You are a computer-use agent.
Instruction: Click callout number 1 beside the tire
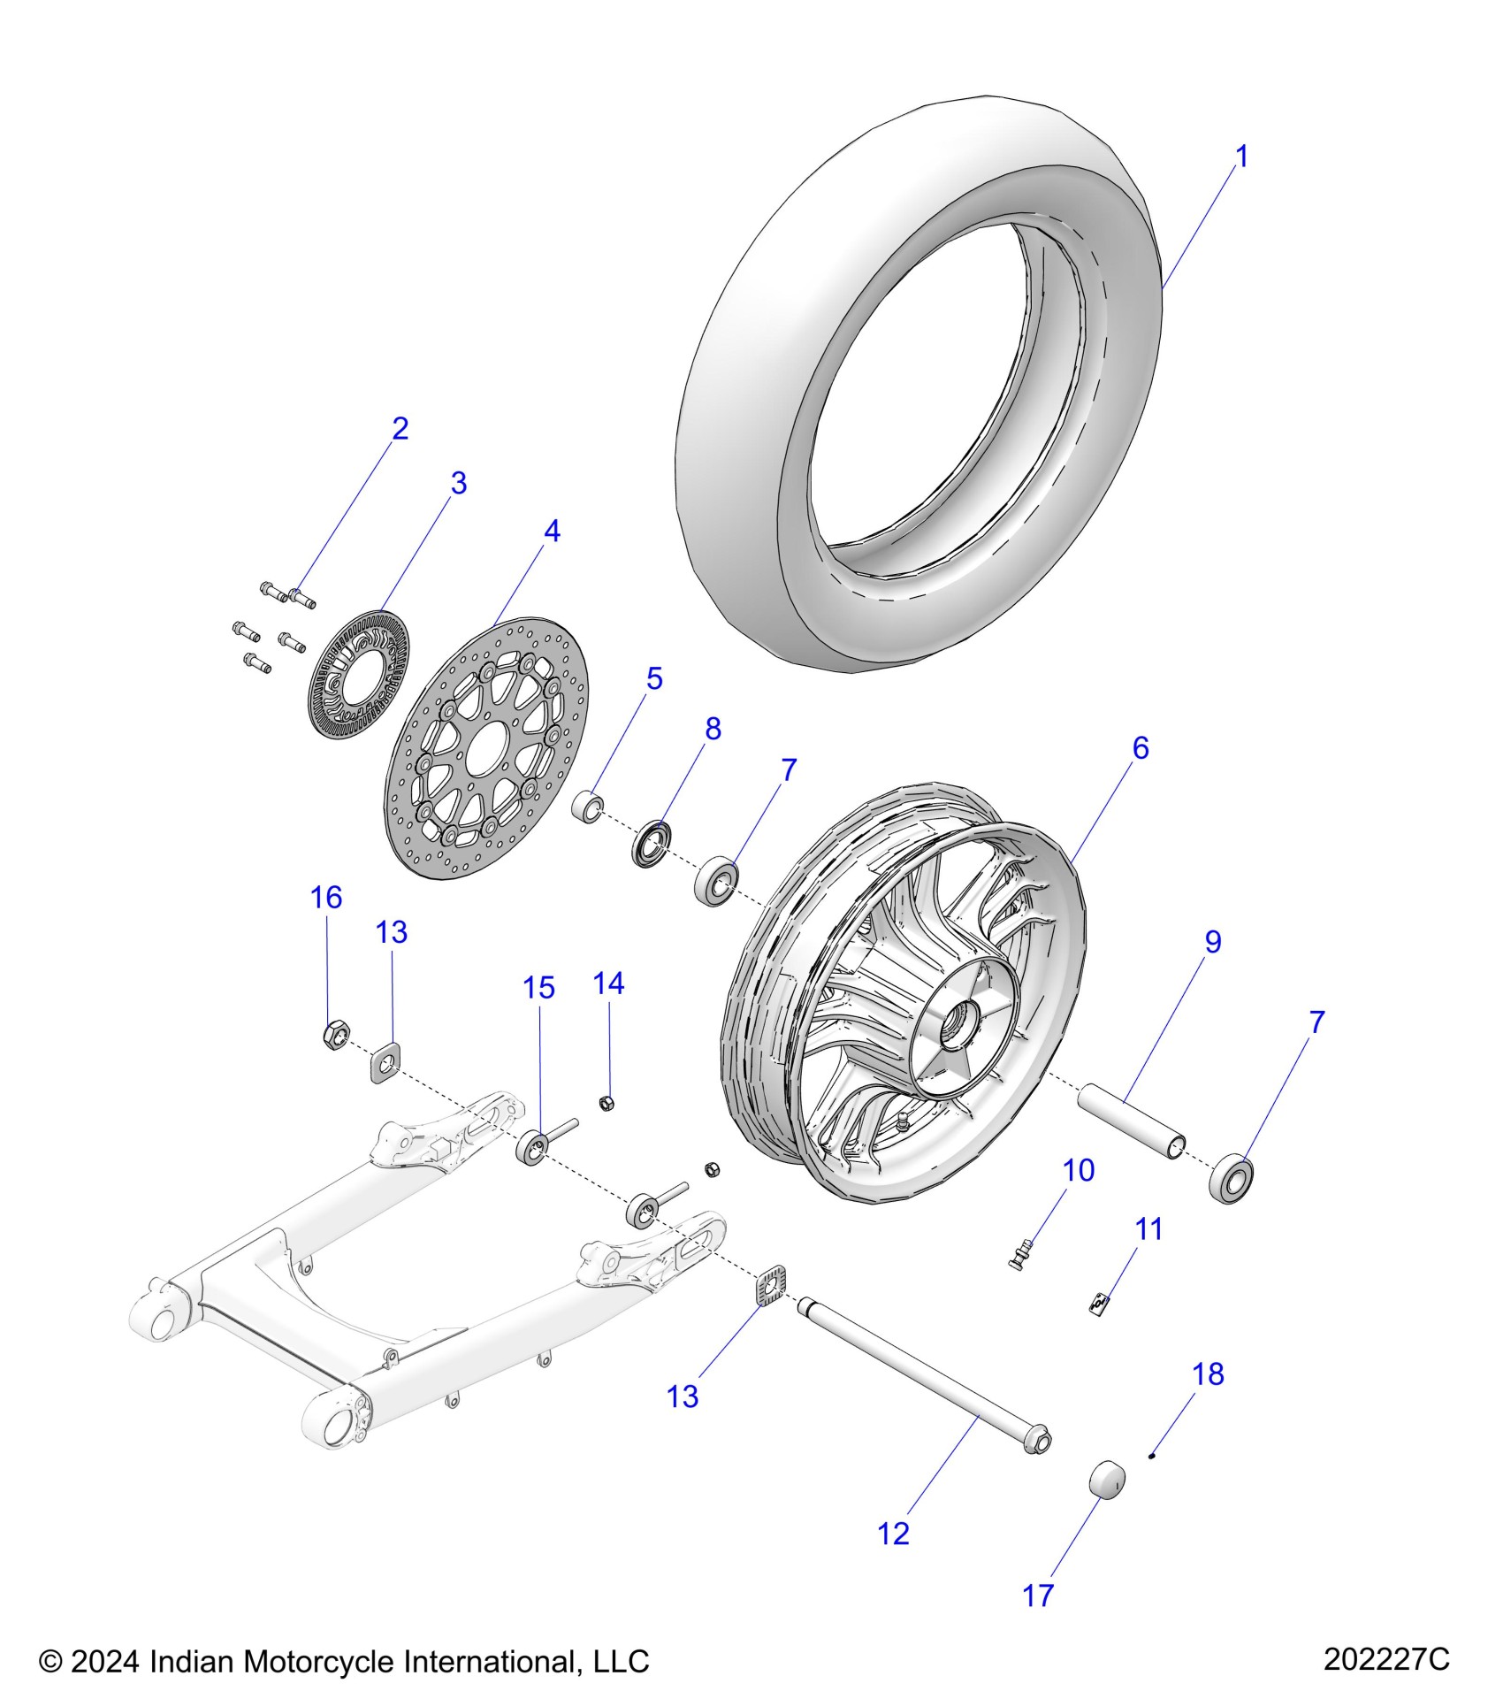pyautogui.click(x=1241, y=157)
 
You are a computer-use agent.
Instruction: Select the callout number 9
pyautogui.click(x=1212, y=942)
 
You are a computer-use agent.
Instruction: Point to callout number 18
pyautogui.click(x=1208, y=1373)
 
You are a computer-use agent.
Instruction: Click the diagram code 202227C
pyautogui.click(x=1386, y=1658)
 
